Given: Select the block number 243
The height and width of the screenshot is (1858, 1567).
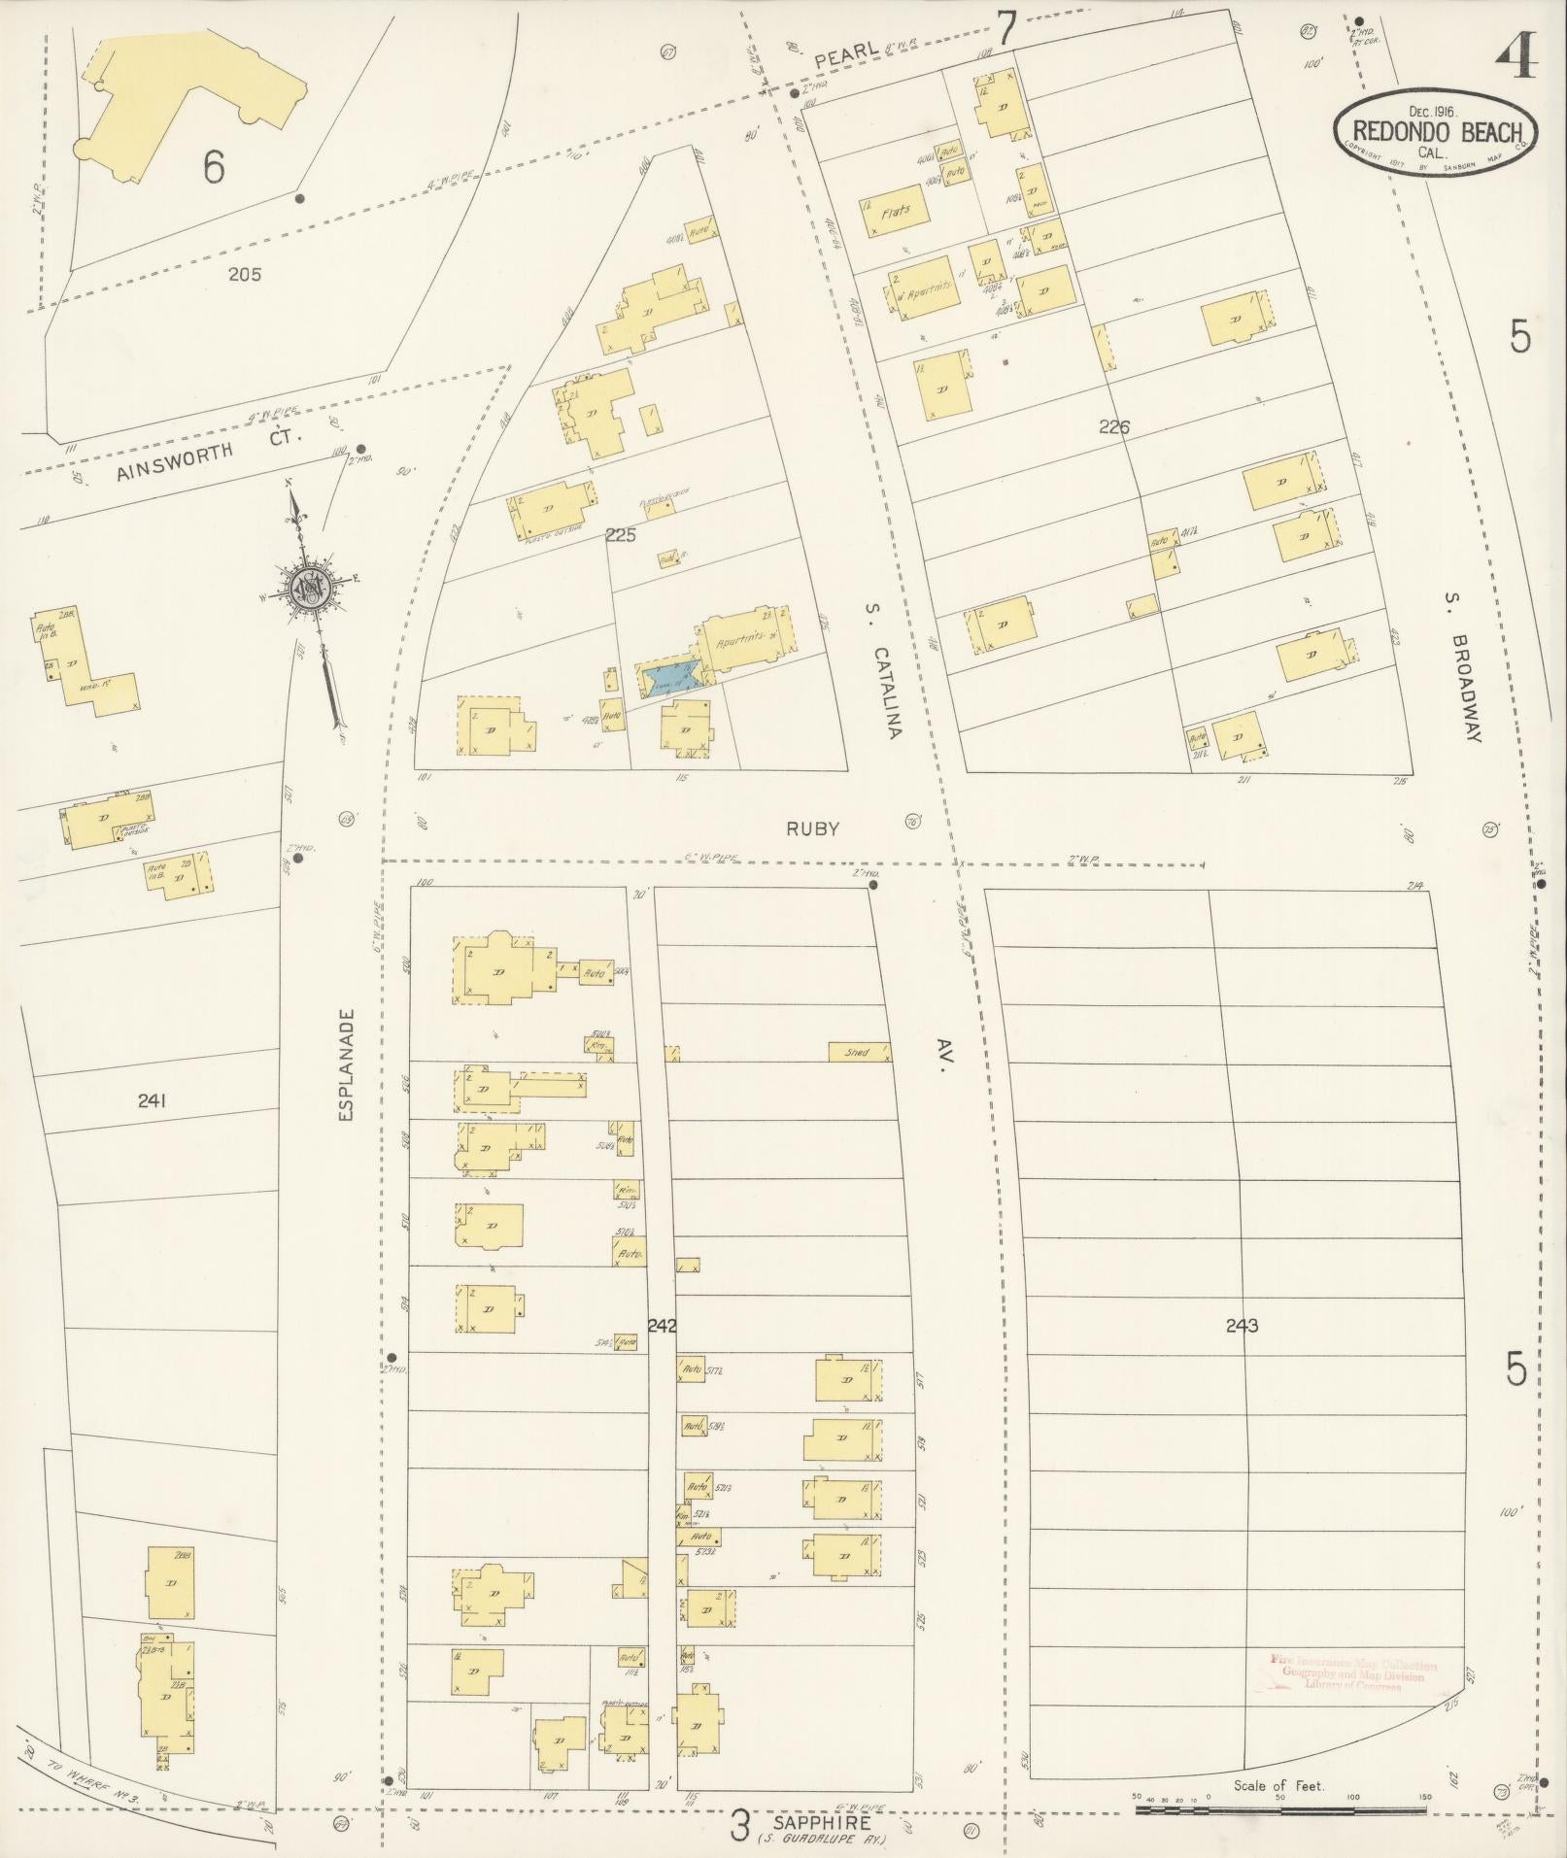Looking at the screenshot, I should coord(1242,1325).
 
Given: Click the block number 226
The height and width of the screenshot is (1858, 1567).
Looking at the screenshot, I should coord(1113,425).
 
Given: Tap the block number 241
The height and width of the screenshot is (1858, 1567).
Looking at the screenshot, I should coord(153,1100).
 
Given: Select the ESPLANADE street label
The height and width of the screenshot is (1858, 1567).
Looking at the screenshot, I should coord(348,1065).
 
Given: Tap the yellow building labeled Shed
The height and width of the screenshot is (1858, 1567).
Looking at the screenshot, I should coord(860,1052).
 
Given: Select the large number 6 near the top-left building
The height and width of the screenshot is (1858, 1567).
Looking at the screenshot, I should coord(214,166).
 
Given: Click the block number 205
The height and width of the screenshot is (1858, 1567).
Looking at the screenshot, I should coord(244,274).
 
